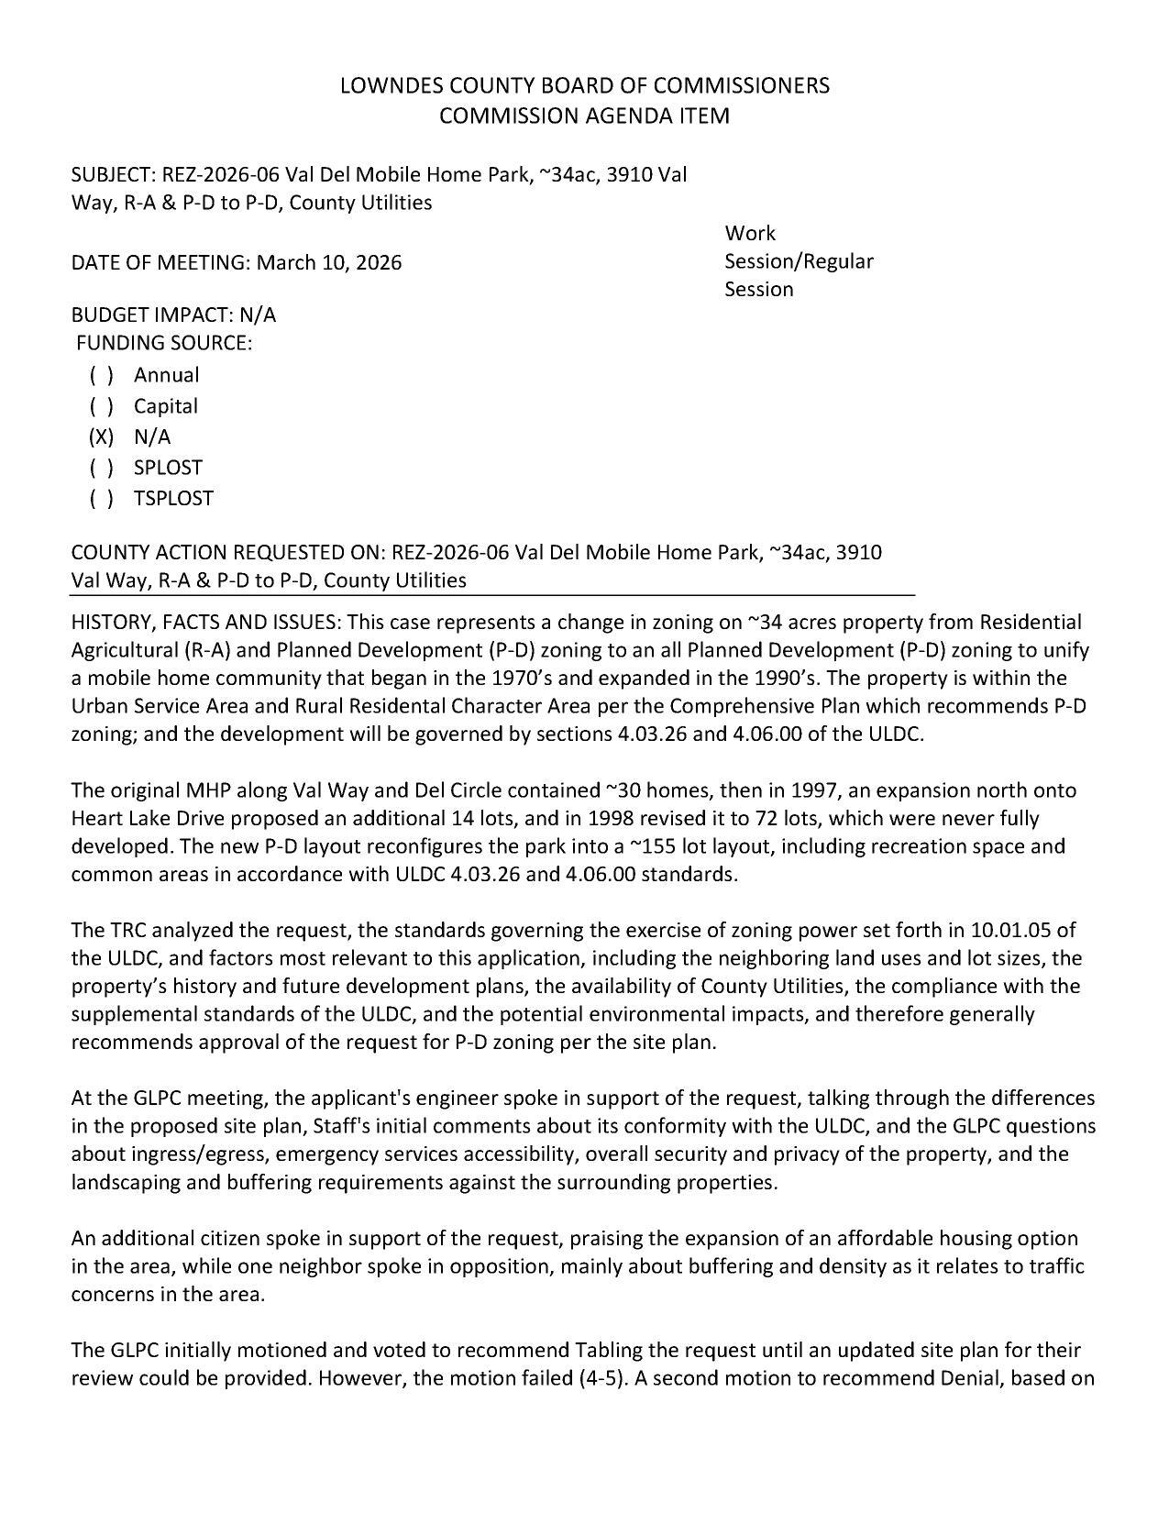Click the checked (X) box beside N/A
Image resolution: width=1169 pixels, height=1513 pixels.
tap(101, 437)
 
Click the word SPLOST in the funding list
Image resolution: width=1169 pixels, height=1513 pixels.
tap(168, 468)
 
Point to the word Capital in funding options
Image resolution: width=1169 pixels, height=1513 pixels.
tap(166, 406)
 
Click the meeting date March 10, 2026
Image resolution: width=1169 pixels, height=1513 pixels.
tap(329, 263)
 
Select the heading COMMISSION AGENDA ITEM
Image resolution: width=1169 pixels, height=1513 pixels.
tap(584, 116)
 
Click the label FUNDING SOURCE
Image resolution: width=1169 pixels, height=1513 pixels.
tap(163, 343)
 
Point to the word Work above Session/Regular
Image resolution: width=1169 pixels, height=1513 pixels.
tap(749, 234)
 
